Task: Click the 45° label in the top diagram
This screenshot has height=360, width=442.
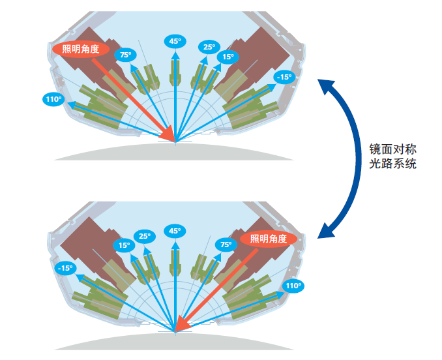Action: (x=175, y=41)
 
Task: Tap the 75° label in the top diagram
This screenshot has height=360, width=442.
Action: (x=125, y=55)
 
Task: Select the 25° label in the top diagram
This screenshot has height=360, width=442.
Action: (x=209, y=47)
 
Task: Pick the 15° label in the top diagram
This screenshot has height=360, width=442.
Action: (x=228, y=57)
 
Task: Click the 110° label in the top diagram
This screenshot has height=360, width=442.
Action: (x=53, y=100)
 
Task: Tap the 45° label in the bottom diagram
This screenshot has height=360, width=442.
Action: (x=175, y=231)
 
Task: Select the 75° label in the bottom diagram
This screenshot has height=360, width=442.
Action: (x=226, y=245)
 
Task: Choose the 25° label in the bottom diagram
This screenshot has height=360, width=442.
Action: (x=144, y=236)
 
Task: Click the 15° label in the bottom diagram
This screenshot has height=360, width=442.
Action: (x=124, y=246)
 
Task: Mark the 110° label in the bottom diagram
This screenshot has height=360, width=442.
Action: (x=293, y=286)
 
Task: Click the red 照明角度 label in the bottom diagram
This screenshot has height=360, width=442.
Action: (x=269, y=239)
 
